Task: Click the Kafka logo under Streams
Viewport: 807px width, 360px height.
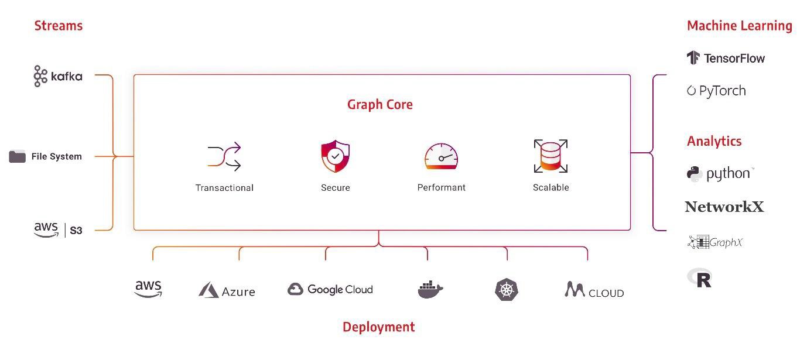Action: (x=58, y=76)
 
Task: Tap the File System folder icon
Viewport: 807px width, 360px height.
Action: (x=18, y=156)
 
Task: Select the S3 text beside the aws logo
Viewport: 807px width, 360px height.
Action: (x=76, y=231)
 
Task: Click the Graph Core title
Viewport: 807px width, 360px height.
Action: (x=379, y=104)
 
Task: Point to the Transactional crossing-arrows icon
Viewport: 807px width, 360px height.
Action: (x=224, y=157)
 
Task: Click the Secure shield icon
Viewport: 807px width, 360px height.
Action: (x=336, y=156)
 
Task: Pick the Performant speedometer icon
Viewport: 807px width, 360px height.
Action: (x=442, y=156)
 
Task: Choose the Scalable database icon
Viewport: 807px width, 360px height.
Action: (x=551, y=156)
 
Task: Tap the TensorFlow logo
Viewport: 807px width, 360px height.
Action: (x=726, y=58)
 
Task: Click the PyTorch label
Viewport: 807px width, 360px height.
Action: (x=722, y=91)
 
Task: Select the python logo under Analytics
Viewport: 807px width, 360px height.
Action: (x=720, y=174)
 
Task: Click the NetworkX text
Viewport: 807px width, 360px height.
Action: (x=724, y=207)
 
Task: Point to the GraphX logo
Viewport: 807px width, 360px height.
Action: (x=715, y=242)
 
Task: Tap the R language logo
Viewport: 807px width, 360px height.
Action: (x=700, y=278)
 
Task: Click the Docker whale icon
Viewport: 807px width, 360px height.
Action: (x=430, y=289)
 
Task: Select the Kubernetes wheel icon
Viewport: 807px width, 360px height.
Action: (x=507, y=289)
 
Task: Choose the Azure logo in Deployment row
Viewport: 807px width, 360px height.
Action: (x=227, y=290)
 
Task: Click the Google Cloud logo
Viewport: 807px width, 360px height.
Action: (x=330, y=289)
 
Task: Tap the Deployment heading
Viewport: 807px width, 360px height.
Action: (x=379, y=327)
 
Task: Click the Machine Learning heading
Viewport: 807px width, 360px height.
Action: (x=740, y=26)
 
